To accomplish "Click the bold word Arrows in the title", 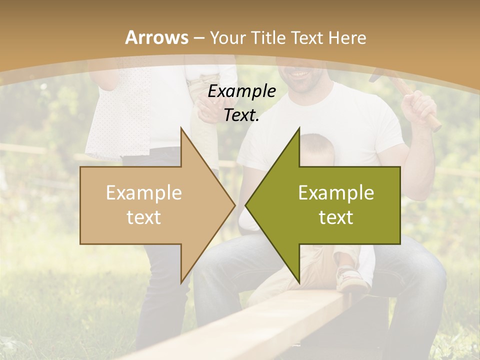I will click(x=156, y=37).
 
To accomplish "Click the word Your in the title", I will click(x=227, y=38).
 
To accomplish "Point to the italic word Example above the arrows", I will click(x=241, y=91).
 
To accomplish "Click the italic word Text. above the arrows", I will click(x=241, y=115).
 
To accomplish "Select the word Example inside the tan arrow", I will click(x=144, y=193).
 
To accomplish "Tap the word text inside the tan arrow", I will click(x=144, y=217).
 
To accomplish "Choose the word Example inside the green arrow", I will click(x=336, y=193).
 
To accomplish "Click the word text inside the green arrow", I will click(x=336, y=217).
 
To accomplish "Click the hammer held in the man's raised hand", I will click(x=390, y=77).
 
